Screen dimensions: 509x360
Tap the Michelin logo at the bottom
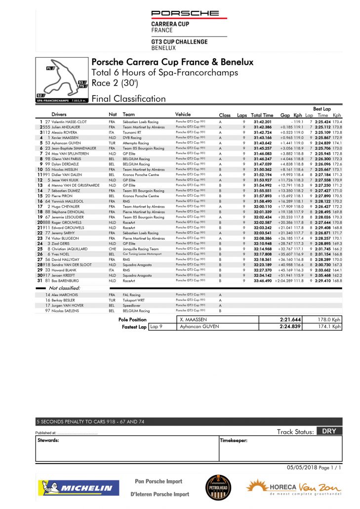coord(76,488)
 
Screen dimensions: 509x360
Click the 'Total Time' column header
coord(262,115)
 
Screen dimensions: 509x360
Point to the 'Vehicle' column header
coord(183,115)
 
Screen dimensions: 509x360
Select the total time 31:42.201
coord(263,122)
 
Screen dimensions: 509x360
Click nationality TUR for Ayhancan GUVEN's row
coord(112,143)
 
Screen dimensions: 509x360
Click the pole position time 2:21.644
coord(290,320)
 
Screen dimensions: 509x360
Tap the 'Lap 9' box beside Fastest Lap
coord(157,327)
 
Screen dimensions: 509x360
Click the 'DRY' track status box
coord(329,431)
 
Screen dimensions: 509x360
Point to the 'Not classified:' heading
coord(65,288)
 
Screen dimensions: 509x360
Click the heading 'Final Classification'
coord(128,98)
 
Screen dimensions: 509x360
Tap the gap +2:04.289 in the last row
coord(280,281)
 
